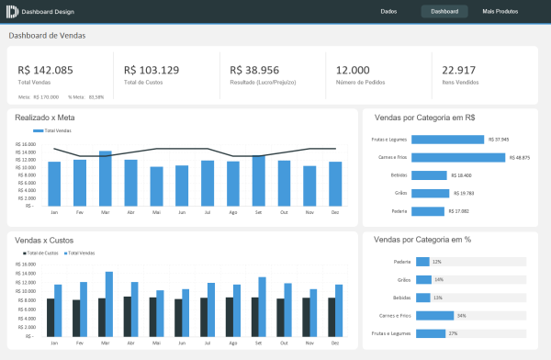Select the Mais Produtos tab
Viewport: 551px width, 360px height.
pos(500,11)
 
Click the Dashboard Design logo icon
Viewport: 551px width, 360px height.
pos(12,11)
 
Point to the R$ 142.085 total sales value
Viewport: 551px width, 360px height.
pos(45,70)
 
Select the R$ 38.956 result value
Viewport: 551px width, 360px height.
pos(255,70)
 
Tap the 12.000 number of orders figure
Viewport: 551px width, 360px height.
pos(354,70)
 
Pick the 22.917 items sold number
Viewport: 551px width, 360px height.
pos(458,70)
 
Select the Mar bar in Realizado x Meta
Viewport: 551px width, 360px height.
pos(106,179)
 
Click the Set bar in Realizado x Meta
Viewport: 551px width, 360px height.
pos(259,181)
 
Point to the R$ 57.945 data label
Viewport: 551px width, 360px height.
pos(499,140)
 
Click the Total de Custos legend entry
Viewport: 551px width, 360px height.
pos(40,252)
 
